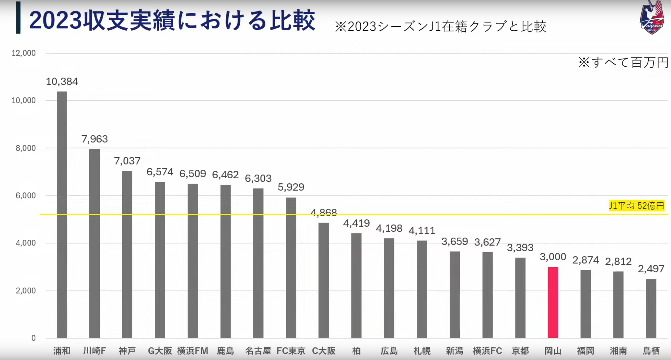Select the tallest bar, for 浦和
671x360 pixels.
click(x=62, y=215)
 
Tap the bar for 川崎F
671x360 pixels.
click(x=94, y=243)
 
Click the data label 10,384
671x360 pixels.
click(x=62, y=81)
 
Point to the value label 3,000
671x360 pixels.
click(x=553, y=257)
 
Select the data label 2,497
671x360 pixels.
click(x=651, y=269)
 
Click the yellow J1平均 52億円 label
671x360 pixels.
click(x=636, y=206)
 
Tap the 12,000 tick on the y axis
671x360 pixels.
click(x=24, y=53)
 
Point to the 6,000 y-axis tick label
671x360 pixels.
click(x=25, y=195)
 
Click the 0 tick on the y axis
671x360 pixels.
click(x=33, y=338)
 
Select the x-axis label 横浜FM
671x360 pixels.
click(x=193, y=351)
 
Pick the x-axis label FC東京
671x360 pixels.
click(x=291, y=351)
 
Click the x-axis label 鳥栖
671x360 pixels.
click(x=651, y=351)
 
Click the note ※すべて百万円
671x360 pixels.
click(x=623, y=63)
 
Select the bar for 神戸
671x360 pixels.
click(x=127, y=254)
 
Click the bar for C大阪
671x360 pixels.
click(x=324, y=280)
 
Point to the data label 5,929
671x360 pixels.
click(x=291, y=187)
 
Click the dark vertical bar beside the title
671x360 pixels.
click(x=18, y=18)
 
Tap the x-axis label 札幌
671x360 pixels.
click(x=422, y=351)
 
